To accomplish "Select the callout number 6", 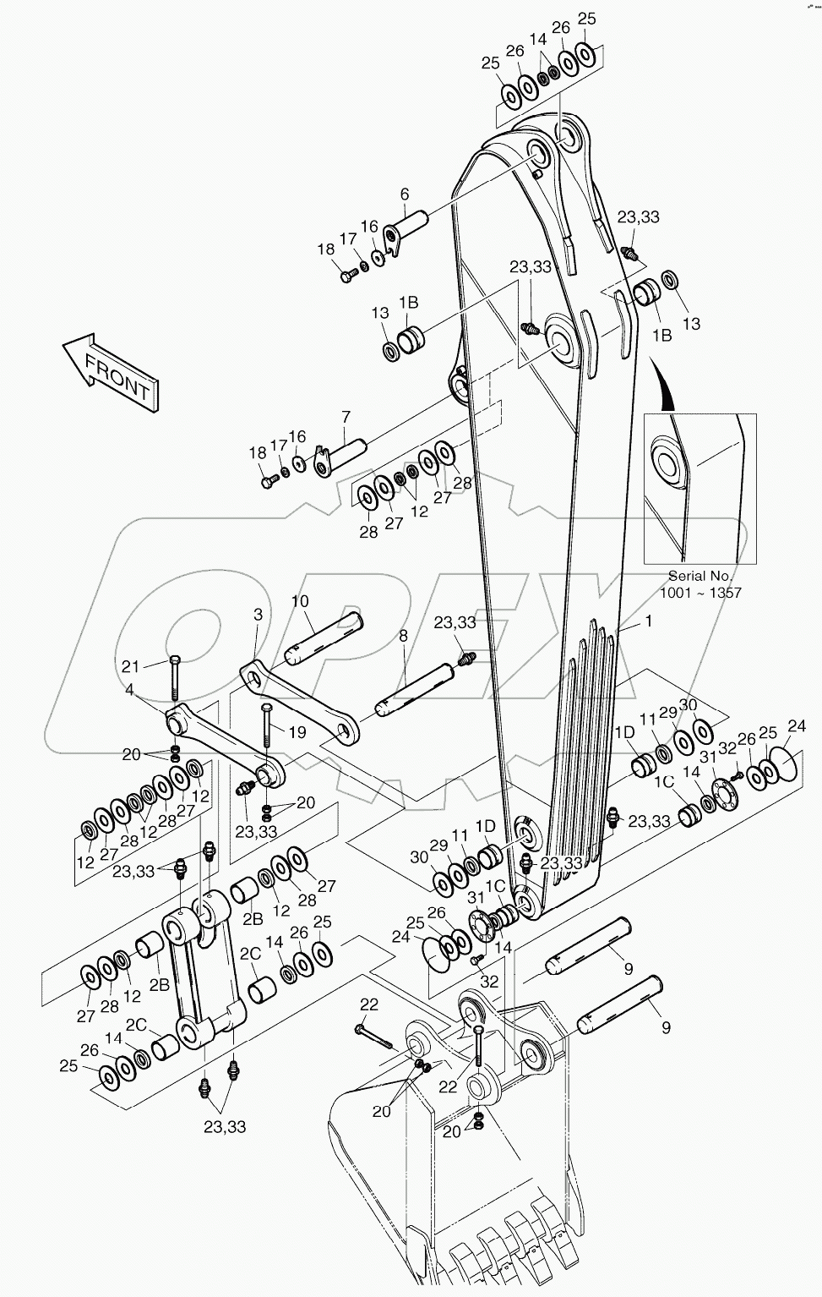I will [404, 194].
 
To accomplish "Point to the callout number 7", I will [346, 417].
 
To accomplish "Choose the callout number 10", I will [300, 601].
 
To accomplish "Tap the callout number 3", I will [259, 615].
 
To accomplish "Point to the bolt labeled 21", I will [174, 680].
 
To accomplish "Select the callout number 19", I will [297, 732].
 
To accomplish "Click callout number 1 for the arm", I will [648, 621].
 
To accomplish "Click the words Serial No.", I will [700, 577].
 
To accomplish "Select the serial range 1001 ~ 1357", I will [700, 593].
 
